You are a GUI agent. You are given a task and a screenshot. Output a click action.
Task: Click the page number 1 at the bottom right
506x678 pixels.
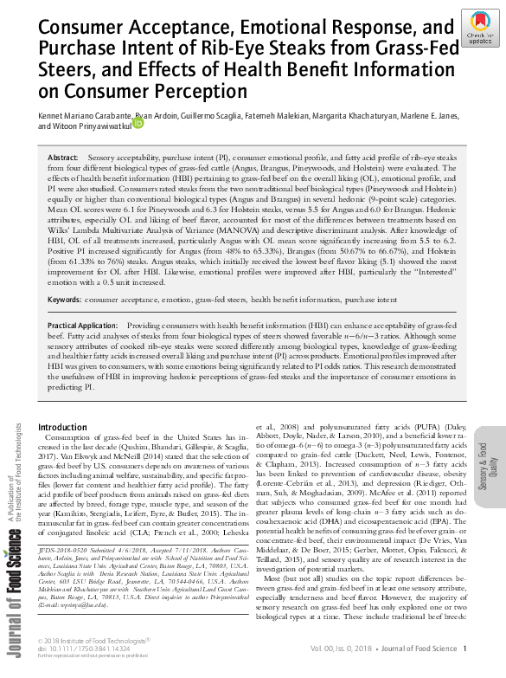pyautogui.click(x=464, y=649)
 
